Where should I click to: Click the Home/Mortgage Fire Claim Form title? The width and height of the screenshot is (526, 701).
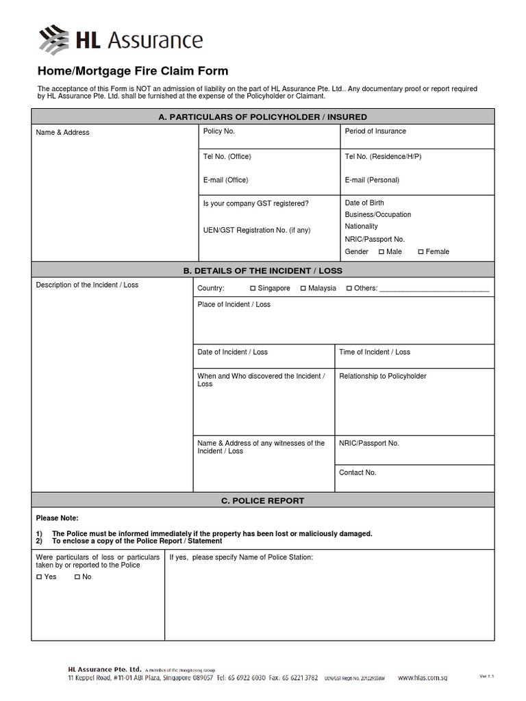(132, 71)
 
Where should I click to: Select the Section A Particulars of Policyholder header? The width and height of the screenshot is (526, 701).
(262, 117)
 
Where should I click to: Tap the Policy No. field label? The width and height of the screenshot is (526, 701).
(218, 131)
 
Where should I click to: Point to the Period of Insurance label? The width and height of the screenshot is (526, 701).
(375, 131)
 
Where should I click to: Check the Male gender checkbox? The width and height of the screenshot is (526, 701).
(381, 252)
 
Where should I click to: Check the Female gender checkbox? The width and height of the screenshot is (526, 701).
(421, 252)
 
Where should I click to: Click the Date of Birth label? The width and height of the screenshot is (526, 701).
(364, 203)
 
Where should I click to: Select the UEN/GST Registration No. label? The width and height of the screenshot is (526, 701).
(256, 230)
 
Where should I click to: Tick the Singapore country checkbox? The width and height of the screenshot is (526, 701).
(253, 289)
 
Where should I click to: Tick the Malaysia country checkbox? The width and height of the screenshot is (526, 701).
(303, 289)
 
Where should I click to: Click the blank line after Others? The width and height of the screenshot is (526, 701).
(434, 289)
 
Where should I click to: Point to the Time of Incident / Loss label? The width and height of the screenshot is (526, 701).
(375, 352)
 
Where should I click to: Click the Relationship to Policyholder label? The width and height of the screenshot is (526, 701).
(382, 377)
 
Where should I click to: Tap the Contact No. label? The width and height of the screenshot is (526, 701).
(358, 472)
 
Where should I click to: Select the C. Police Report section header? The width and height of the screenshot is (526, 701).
(262, 500)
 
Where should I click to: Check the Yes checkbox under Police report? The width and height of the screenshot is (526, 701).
(39, 577)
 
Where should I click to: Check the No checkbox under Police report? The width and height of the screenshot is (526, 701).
(77, 577)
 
